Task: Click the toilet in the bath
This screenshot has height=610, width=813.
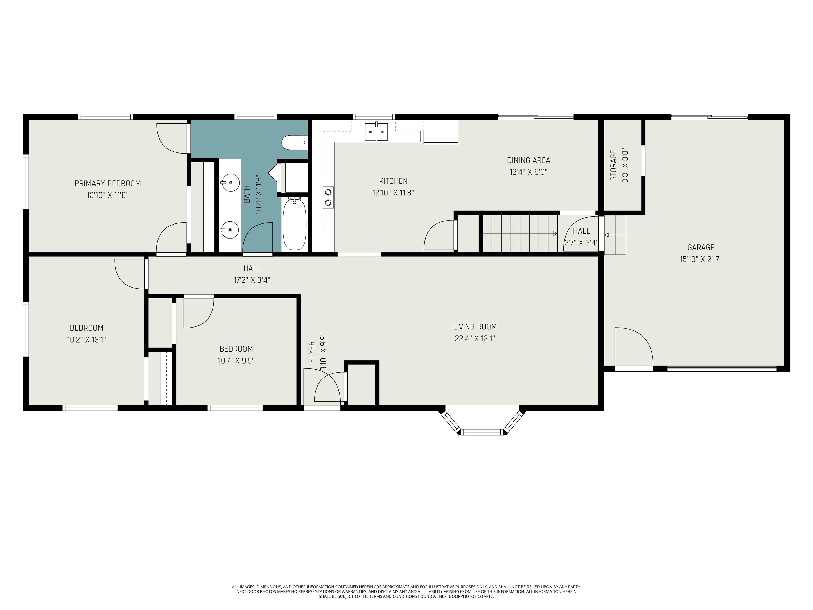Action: pyautogui.click(x=294, y=143)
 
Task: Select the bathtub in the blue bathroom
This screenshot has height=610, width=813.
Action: pyautogui.click(x=294, y=224)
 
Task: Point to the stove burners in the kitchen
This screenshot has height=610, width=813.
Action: pyautogui.click(x=328, y=198)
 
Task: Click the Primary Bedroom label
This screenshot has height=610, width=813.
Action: pyautogui.click(x=108, y=183)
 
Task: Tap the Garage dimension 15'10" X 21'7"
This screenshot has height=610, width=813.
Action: pyautogui.click(x=701, y=259)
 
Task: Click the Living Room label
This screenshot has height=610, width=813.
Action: pyautogui.click(x=475, y=326)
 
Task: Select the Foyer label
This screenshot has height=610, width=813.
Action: pyautogui.click(x=312, y=352)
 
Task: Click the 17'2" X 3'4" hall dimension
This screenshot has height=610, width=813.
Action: pyautogui.click(x=252, y=280)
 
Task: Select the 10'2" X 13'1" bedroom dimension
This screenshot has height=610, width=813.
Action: pyautogui.click(x=87, y=340)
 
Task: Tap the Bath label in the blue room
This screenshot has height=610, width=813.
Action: pyautogui.click(x=247, y=194)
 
